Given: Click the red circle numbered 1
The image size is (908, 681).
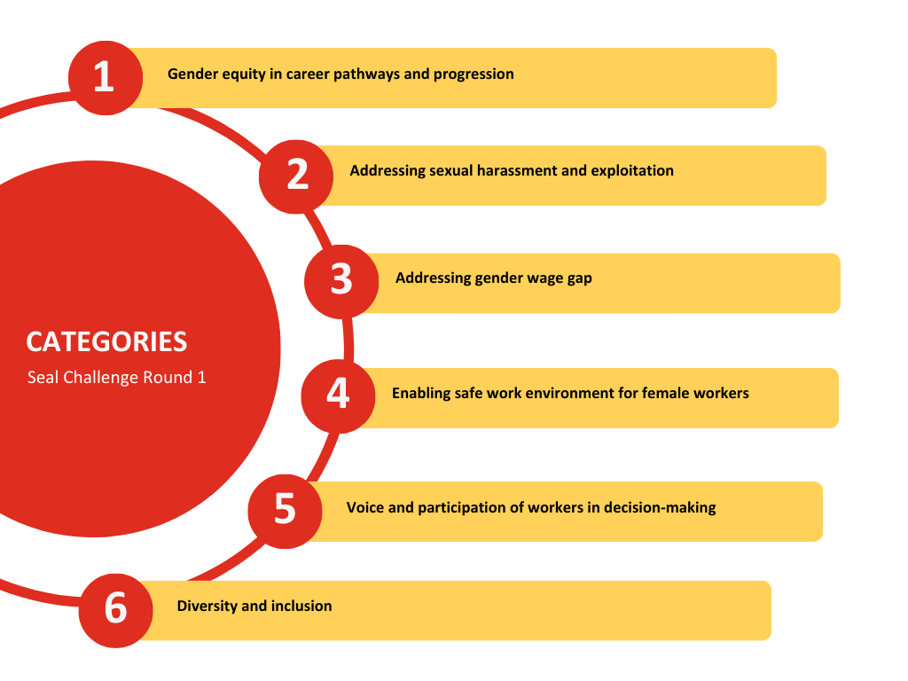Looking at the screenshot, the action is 106,78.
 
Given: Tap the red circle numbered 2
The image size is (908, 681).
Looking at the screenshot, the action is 296,176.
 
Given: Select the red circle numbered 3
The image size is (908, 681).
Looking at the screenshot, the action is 341,281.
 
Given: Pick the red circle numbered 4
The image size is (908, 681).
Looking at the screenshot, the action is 338,396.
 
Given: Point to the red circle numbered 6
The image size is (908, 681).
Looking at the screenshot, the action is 116,610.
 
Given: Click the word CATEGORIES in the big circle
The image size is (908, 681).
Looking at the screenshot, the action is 106,341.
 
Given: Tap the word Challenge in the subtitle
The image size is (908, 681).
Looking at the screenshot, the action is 98,378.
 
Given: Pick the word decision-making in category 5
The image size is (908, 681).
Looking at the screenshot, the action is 660,508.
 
